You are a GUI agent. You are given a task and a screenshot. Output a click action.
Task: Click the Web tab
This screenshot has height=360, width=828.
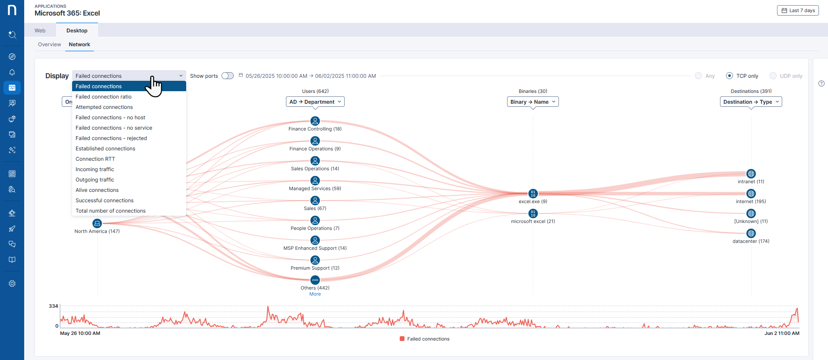[40, 31]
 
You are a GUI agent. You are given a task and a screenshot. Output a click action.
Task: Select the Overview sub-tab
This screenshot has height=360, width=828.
[49, 45]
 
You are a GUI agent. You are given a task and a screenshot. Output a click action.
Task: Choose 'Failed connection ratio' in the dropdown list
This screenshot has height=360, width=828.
[104, 97]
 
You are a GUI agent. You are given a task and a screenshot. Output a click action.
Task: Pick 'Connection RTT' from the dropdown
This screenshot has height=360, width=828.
[95, 159]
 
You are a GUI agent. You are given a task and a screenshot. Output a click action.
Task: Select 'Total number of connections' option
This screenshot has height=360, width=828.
[111, 211]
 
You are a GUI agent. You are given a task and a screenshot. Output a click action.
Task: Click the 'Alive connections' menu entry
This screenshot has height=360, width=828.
[97, 190]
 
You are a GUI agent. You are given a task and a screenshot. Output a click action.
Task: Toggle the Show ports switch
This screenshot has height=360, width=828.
[227, 76]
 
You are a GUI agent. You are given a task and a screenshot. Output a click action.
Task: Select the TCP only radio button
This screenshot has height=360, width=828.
[730, 76]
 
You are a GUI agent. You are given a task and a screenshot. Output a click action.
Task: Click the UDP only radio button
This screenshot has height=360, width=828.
[773, 76]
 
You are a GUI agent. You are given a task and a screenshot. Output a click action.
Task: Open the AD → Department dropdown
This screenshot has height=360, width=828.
[315, 102]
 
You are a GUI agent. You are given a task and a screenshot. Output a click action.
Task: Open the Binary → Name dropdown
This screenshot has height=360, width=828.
[533, 102]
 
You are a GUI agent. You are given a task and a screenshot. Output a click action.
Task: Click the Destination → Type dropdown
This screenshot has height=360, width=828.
[751, 102]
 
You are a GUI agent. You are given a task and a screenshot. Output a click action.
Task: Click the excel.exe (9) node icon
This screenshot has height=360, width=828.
[533, 194]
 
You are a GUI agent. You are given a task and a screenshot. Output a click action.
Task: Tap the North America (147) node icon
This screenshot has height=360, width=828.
[97, 223]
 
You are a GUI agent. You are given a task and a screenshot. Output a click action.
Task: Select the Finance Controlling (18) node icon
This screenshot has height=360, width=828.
[315, 121]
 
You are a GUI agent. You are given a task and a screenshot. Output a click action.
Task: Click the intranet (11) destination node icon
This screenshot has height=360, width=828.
[751, 174]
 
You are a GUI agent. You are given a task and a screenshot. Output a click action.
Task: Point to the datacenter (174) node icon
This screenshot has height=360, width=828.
[751, 233]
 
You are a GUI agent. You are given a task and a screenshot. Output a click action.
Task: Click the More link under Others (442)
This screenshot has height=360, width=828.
[315, 294]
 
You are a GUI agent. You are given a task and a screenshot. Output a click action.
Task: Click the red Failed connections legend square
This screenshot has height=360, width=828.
[402, 339]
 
